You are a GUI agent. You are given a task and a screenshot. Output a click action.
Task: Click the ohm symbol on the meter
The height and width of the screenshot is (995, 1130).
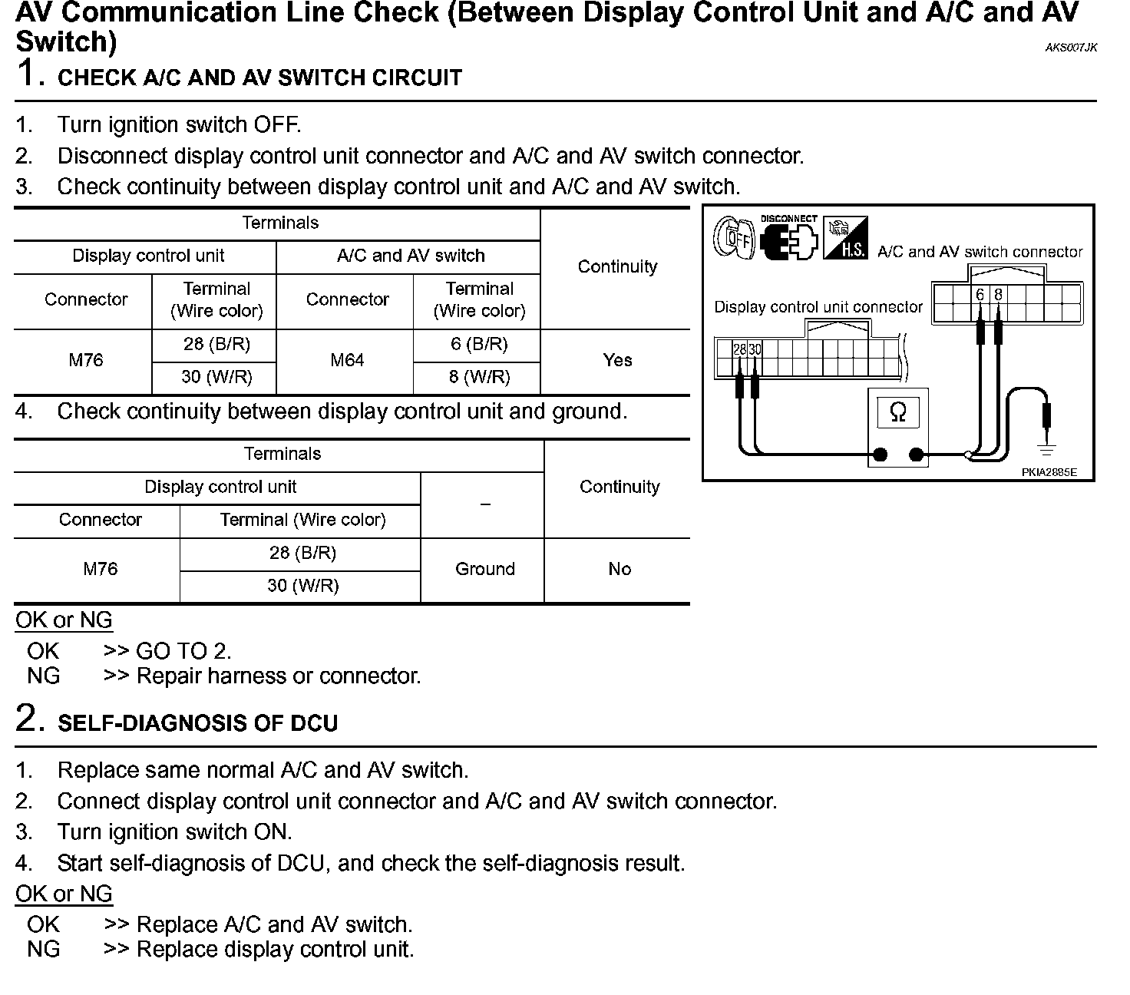click(x=897, y=413)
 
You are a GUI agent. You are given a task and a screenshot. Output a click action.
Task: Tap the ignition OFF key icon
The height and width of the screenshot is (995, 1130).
click(x=734, y=238)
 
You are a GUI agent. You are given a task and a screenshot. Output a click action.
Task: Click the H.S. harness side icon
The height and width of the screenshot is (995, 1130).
click(x=845, y=239)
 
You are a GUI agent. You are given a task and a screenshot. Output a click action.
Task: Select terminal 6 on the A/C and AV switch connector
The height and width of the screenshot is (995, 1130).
click(x=980, y=295)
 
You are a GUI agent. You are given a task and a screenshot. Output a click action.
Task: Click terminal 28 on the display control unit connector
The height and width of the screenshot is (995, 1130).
click(x=739, y=349)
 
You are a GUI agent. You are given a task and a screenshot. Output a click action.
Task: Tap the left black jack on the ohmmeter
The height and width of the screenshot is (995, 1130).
click(x=881, y=455)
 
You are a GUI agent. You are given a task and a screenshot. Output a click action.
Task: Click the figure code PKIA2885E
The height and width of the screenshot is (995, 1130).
click(x=1049, y=472)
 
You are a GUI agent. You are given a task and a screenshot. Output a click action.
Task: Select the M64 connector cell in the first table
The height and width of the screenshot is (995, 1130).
click(x=347, y=360)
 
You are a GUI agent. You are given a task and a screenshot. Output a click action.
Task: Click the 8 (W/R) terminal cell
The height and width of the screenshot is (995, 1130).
click(x=479, y=377)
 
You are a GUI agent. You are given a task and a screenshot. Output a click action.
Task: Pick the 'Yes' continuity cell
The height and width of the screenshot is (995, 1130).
click(x=617, y=360)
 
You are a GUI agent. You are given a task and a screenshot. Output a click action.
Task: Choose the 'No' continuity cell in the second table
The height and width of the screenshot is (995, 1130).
click(x=619, y=569)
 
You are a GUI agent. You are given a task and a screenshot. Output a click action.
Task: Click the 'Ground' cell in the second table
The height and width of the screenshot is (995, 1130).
click(x=484, y=569)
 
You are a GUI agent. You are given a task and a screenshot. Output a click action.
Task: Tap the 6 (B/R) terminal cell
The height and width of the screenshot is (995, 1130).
click(x=479, y=344)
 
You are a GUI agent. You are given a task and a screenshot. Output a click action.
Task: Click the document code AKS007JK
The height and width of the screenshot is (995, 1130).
click(x=1071, y=48)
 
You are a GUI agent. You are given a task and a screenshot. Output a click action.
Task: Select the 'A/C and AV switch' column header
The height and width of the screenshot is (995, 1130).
click(x=411, y=256)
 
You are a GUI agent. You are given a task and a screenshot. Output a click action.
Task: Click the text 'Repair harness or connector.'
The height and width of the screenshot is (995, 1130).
click(x=279, y=676)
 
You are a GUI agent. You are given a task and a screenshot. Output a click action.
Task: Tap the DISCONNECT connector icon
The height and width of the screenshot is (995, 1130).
click(x=788, y=239)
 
